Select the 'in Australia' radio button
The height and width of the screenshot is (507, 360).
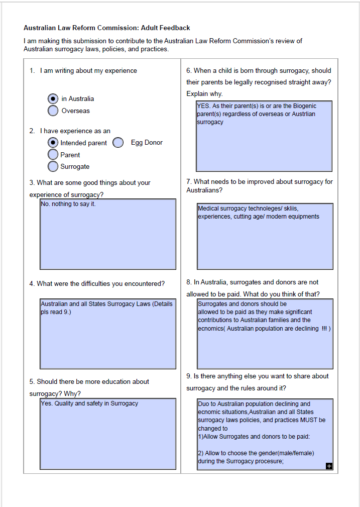pyautogui.click(x=53, y=99)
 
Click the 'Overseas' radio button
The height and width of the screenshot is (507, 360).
pyautogui.click(x=53, y=111)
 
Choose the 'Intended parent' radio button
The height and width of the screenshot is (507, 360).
pyautogui.click(x=53, y=143)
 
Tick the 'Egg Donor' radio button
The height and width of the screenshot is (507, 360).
pyautogui.click(x=118, y=143)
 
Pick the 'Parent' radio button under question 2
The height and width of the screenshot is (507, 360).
pyautogui.click(x=53, y=155)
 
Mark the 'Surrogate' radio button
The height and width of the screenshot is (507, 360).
pyautogui.click(x=53, y=166)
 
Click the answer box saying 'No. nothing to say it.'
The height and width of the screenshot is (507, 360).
pyautogui.click(x=108, y=234)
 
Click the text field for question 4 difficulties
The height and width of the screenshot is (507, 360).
pyautogui.click(x=108, y=334)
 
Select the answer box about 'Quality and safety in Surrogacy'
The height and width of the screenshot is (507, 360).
pyautogui.click(x=108, y=433)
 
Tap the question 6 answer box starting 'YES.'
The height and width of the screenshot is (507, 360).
pyautogui.click(x=264, y=136)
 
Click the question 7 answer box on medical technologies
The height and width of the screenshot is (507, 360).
pyautogui.click(x=265, y=236)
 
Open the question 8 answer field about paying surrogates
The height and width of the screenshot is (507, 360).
pyautogui.click(x=265, y=334)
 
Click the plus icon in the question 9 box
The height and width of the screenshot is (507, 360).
pyautogui.click(x=329, y=466)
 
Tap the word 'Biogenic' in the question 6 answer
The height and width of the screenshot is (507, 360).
pyautogui.click(x=303, y=106)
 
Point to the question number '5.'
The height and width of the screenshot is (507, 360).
pyautogui.click(x=33, y=382)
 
